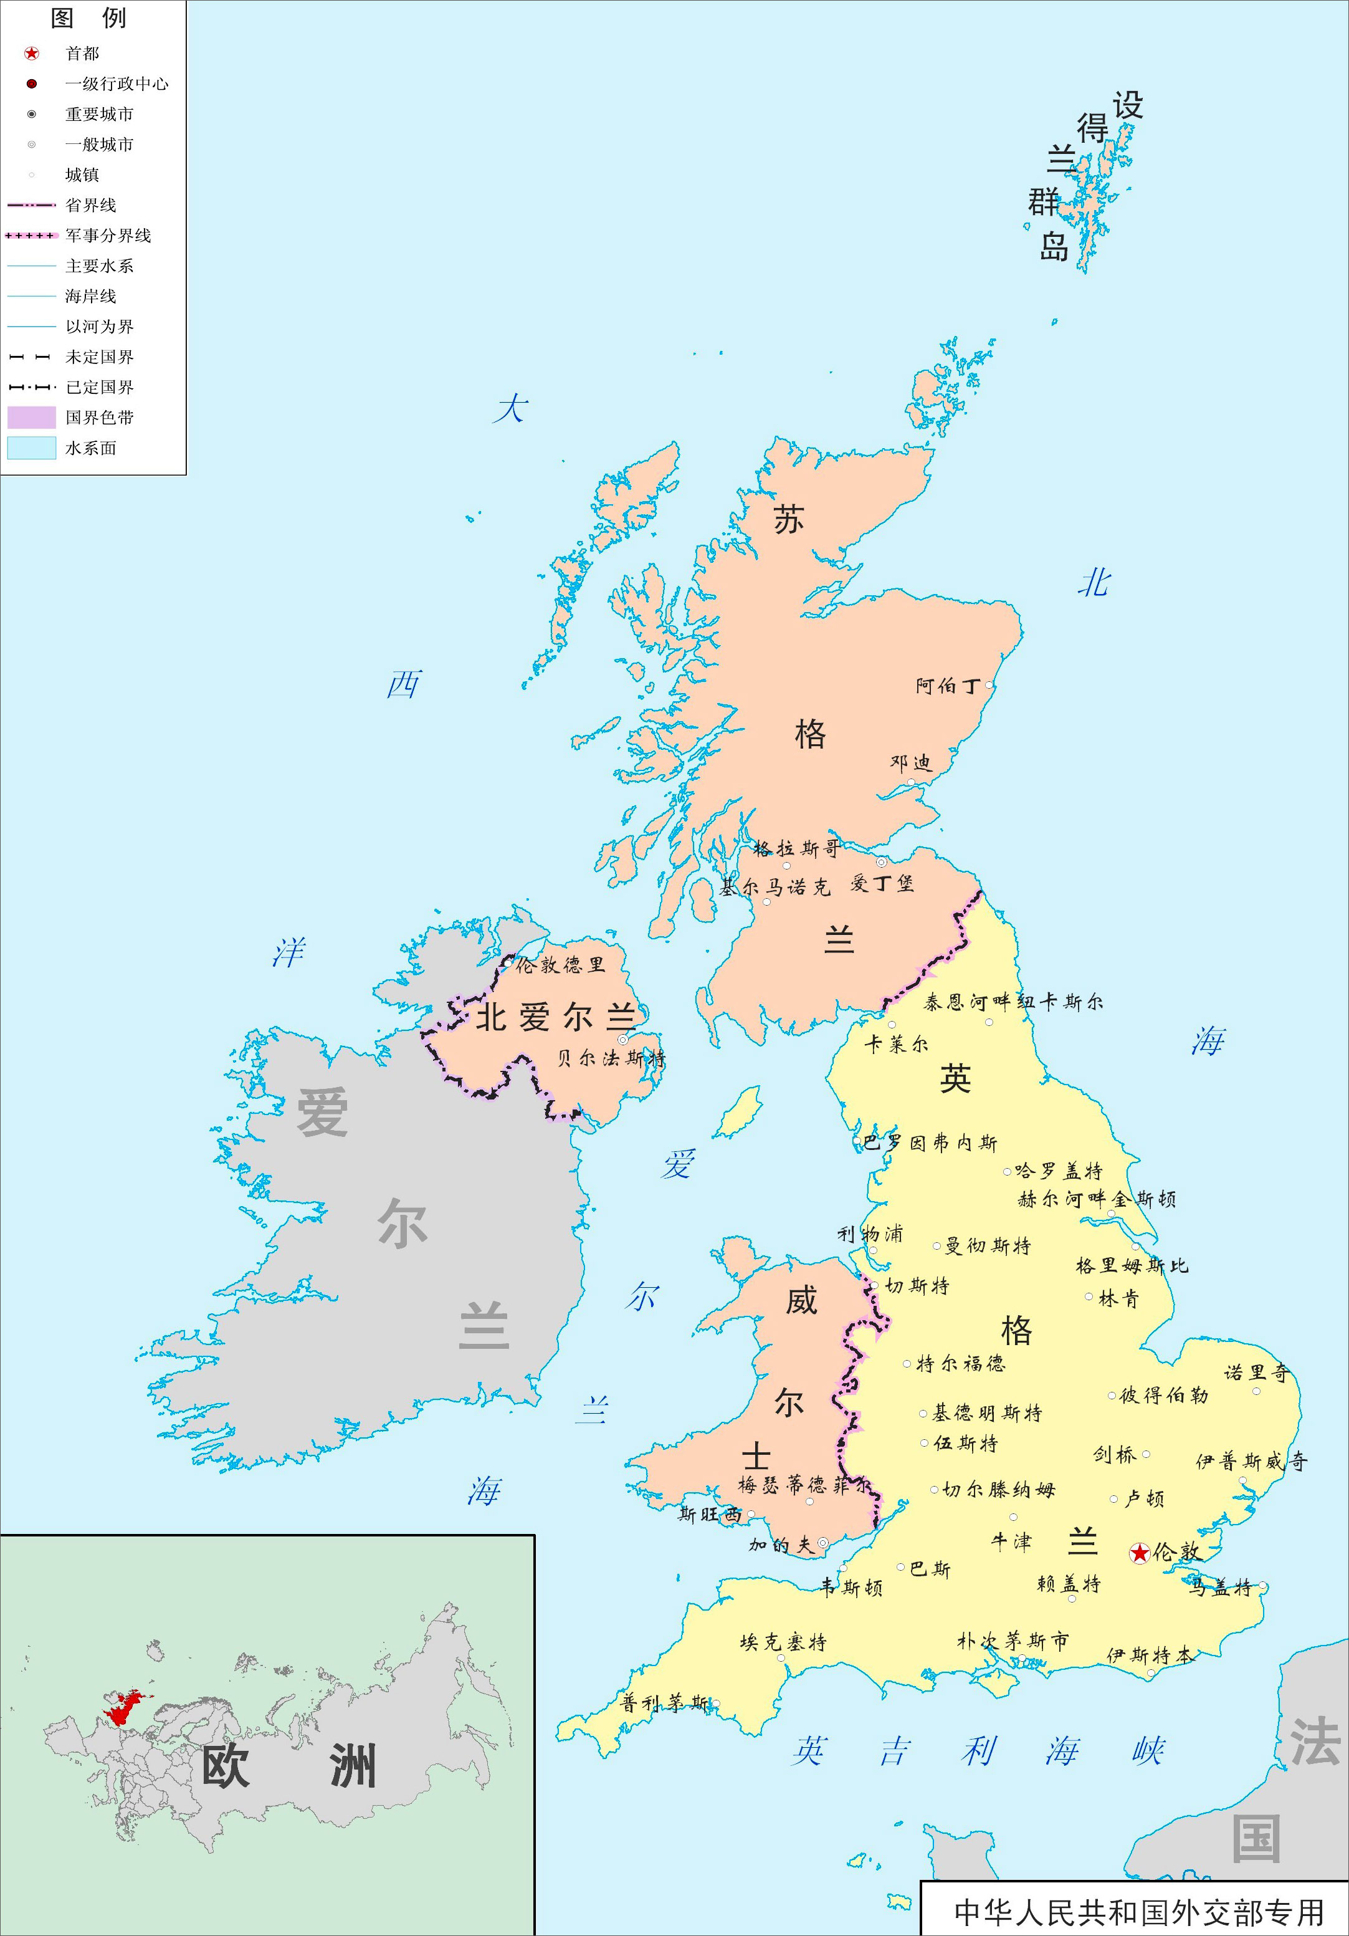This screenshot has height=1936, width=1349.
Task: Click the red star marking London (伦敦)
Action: (x=1139, y=1552)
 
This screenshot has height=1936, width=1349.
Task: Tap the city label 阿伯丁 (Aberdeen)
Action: (x=948, y=686)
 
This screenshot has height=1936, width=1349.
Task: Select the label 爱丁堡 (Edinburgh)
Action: (x=881, y=884)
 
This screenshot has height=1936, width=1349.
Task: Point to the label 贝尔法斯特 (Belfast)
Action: (x=611, y=1058)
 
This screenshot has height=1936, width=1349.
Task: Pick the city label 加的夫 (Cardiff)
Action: (x=781, y=1545)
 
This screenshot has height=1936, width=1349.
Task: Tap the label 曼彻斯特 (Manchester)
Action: (x=988, y=1245)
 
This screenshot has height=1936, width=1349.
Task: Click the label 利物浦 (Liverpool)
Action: (x=869, y=1234)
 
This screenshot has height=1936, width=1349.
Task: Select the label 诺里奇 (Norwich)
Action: (x=1256, y=1373)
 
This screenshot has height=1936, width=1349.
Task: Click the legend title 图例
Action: (x=88, y=17)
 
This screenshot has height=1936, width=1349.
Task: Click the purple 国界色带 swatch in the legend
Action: (x=32, y=418)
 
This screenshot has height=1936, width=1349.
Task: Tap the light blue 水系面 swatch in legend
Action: (x=32, y=448)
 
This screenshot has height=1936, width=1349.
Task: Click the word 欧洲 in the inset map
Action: (x=287, y=1766)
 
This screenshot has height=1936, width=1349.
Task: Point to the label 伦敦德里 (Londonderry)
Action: (x=559, y=966)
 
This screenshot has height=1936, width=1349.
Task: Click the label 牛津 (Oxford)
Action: (x=1010, y=1542)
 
